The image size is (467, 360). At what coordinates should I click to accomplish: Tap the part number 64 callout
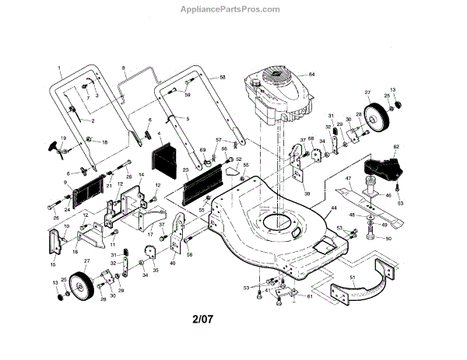pyautogui.click(x=311, y=73)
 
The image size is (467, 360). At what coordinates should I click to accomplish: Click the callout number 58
pyautogui.click(x=223, y=78)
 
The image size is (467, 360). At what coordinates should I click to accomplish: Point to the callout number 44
pyautogui.click(x=334, y=208)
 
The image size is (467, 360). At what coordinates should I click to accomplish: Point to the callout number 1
pyautogui.click(x=58, y=68)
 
